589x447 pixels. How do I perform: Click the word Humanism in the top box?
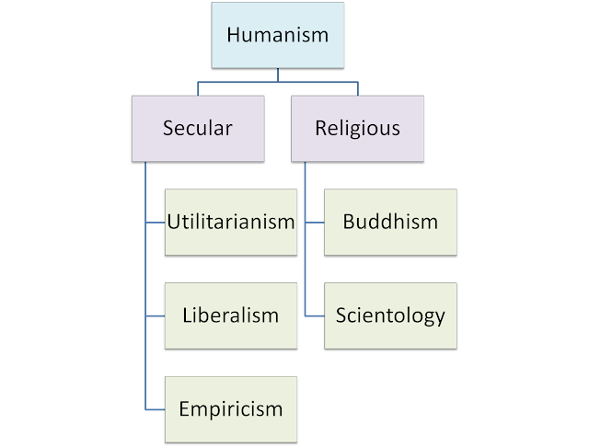[278, 35]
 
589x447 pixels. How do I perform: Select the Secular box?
[198, 129]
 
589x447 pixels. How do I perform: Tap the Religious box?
[358, 129]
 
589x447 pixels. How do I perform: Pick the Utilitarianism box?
[231, 223]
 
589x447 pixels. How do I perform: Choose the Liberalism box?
[231, 316]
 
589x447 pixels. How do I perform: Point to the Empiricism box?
[231, 409]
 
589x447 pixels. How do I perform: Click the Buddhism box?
[390, 223]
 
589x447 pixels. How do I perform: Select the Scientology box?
[390, 316]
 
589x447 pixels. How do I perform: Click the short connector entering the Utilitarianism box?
[156, 223]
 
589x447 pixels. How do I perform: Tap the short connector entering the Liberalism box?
[156, 316]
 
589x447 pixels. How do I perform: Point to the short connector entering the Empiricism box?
[156, 409]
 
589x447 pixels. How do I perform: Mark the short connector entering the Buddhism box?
[315, 223]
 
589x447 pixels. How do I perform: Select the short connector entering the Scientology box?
[315, 316]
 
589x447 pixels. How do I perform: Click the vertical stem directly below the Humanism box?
[278, 75]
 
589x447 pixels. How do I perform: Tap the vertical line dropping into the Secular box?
[198, 88]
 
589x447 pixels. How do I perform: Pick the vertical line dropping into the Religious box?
[358, 88]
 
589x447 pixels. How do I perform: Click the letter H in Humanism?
[233, 35]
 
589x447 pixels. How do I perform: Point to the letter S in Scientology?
[341, 315]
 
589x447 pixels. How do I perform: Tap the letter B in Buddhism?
[349, 222]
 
